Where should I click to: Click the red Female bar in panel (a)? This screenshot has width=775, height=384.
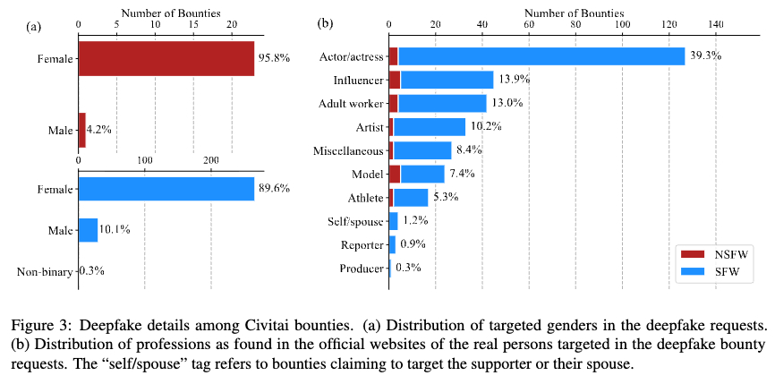click(166, 58)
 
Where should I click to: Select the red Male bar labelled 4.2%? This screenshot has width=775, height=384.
click(82, 130)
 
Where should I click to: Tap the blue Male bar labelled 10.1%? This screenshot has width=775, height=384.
click(88, 230)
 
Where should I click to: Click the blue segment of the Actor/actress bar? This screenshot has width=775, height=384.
click(541, 56)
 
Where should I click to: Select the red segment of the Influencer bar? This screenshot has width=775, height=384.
click(395, 80)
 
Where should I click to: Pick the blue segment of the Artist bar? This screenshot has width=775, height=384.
click(430, 126)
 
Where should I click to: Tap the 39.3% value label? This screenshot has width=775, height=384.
click(705, 56)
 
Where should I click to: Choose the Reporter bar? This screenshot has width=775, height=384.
click(392, 244)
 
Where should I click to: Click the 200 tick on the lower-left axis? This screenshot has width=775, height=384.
click(211, 160)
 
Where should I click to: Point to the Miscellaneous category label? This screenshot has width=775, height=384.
click(348, 150)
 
